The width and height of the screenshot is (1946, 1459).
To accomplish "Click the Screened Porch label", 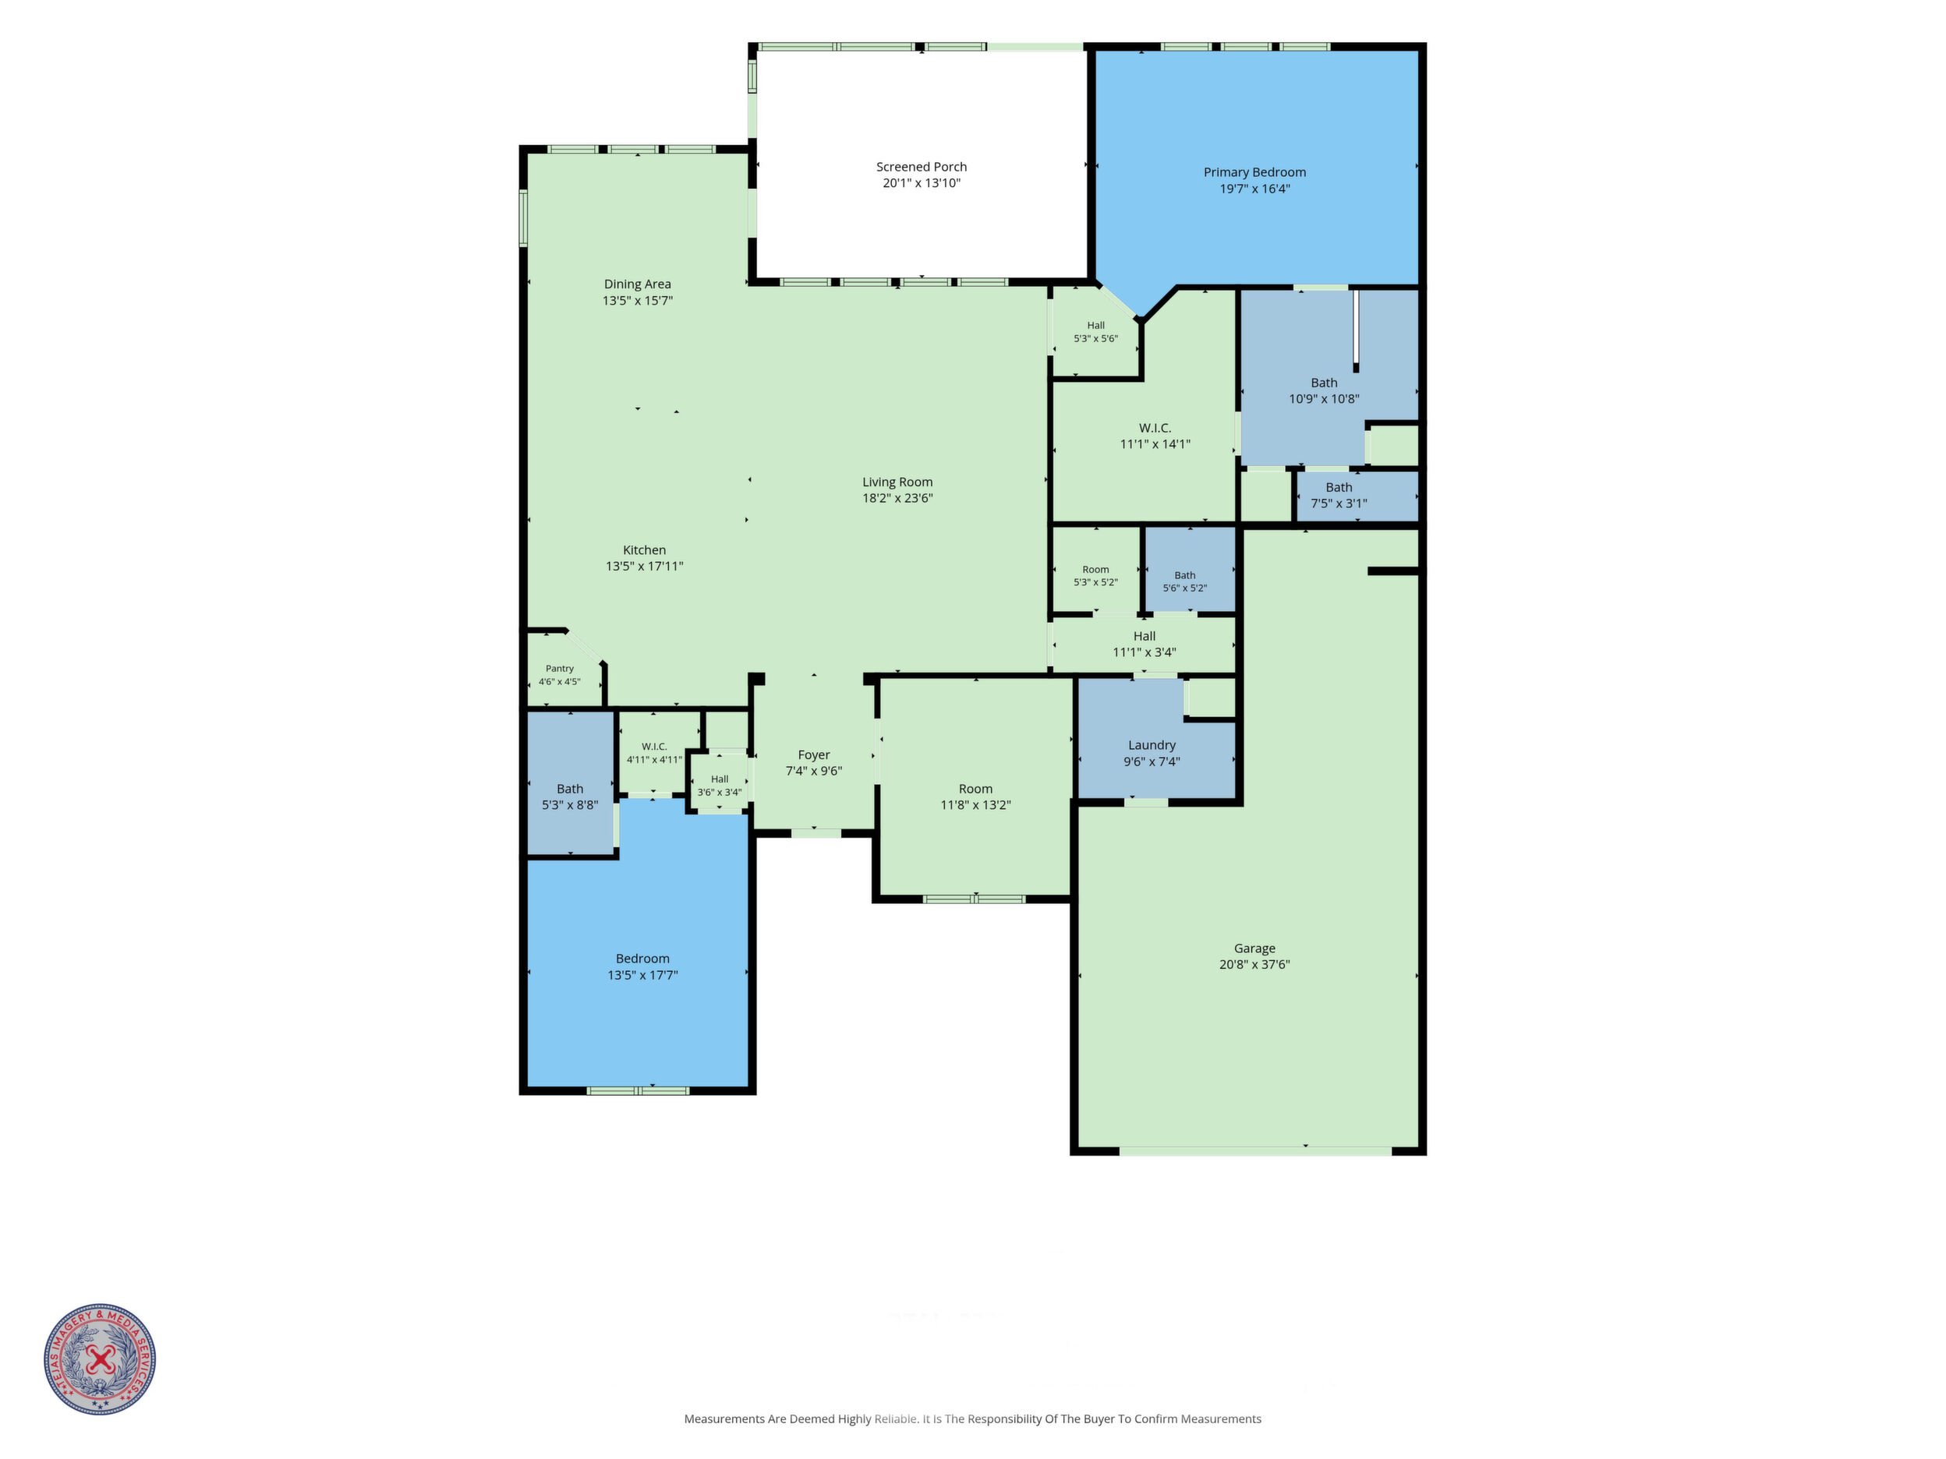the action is point(921,167).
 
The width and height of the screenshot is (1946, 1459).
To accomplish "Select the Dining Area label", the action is point(637,284).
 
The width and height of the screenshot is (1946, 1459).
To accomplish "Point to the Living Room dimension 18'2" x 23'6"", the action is point(897,499).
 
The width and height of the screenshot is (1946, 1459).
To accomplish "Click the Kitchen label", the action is point(644,550).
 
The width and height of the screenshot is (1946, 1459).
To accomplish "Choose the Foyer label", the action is point(814,755).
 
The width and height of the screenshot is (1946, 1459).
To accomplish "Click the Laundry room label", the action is point(1152,746).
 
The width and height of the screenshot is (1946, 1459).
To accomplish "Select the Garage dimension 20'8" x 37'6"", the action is point(1254,965).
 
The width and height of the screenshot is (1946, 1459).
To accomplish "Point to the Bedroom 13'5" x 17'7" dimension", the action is point(642,975).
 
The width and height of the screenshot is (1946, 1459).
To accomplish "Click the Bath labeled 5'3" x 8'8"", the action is point(570,782).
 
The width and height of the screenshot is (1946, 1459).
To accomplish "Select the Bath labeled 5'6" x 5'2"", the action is point(1191,569).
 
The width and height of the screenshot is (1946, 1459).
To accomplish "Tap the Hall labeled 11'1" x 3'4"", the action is point(1144,645).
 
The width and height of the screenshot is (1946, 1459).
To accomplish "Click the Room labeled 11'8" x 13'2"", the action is point(975,797).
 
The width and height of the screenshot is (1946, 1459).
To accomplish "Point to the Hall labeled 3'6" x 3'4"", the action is point(720,782).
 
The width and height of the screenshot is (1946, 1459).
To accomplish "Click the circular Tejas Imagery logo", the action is point(101,1358).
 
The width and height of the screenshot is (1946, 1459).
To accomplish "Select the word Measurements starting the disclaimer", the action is point(724,1418).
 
